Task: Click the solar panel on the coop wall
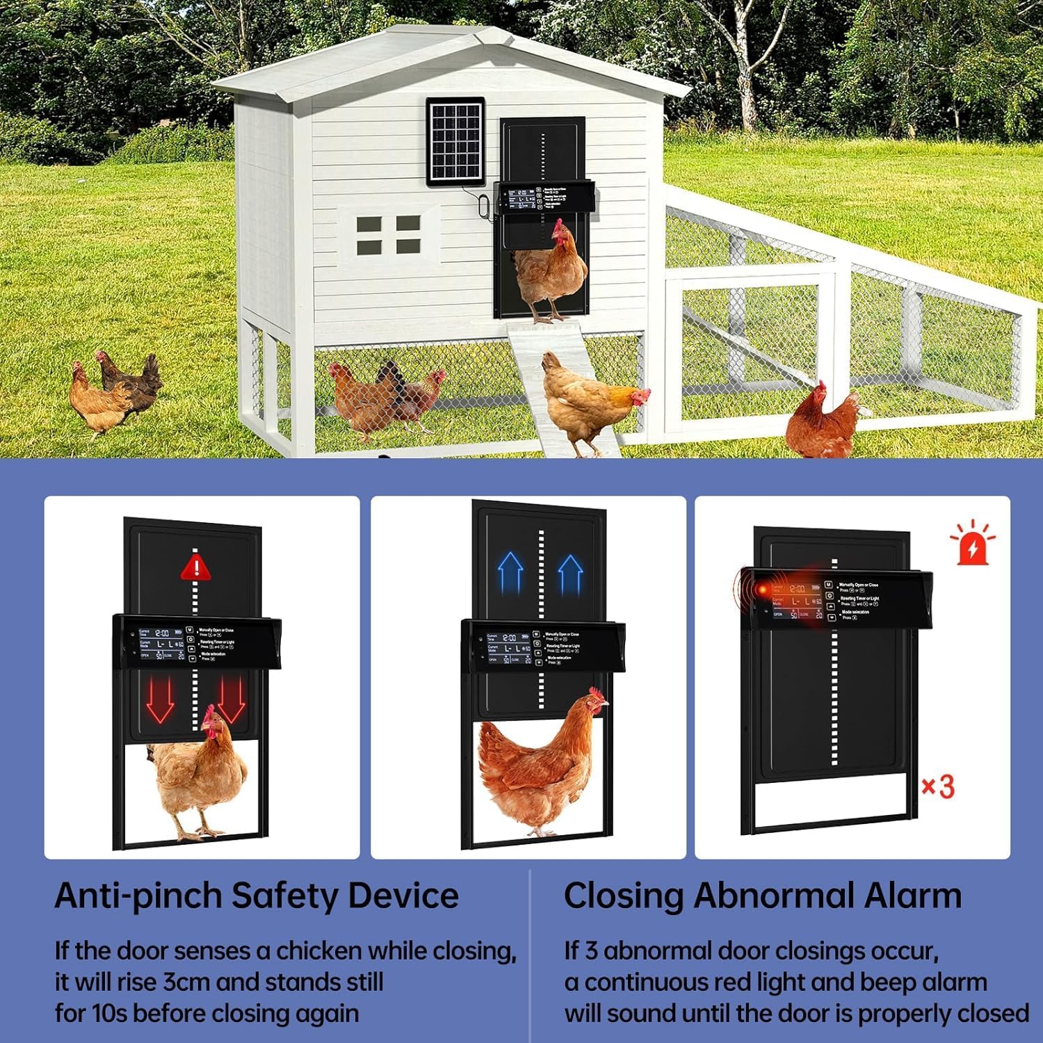click(x=455, y=141)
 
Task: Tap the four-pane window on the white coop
click(x=389, y=234)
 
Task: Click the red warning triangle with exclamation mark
click(x=196, y=567)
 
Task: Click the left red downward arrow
click(x=161, y=698)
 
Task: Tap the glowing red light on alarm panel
click(x=763, y=590)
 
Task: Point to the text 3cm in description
click(x=189, y=982)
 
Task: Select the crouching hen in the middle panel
click(x=539, y=768)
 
